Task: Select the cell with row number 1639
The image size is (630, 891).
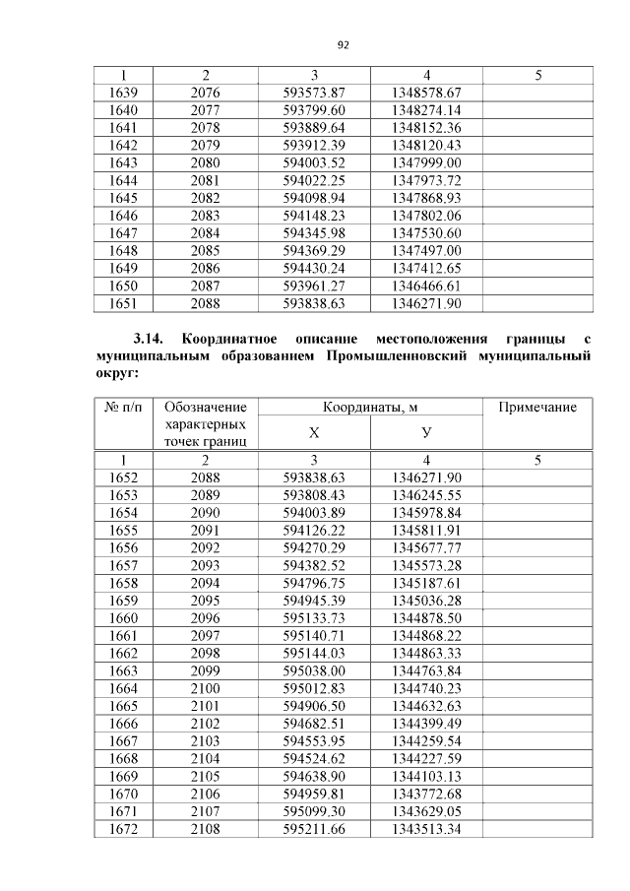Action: tap(123, 93)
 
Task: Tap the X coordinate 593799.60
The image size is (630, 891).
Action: tap(315, 110)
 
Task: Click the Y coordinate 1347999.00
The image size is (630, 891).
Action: tap(426, 162)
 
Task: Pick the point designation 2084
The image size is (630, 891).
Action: tap(205, 232)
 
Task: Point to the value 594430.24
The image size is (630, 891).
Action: tap(315, 267)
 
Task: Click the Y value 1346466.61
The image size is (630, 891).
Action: tap(426, 285)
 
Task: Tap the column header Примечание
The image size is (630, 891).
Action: tap(537, 408)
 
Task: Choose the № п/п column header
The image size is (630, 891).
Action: tap(123, 408)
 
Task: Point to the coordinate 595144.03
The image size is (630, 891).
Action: tap(315, 652)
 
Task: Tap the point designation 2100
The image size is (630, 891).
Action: tap(205, 687)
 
